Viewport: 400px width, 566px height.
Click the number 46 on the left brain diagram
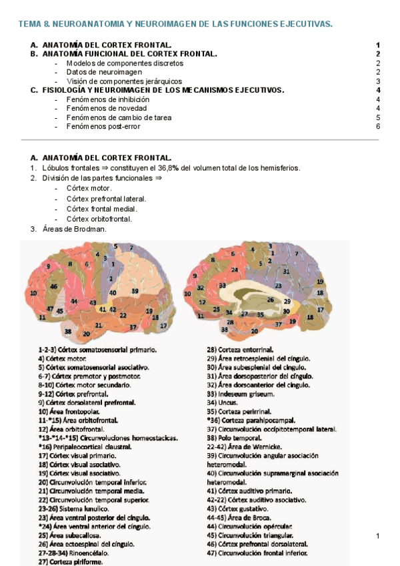point(53,287)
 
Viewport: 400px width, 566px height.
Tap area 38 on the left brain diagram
point(68,330)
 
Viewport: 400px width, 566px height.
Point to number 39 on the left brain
point(135,291)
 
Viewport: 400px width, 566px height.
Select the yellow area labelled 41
point(95,309)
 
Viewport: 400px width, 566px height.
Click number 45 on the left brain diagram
point(60,310)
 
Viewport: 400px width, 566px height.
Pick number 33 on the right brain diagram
point(221,285)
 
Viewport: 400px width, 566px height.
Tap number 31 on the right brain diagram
point(285,271)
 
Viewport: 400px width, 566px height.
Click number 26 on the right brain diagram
point(270,300)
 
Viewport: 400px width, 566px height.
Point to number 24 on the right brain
point(235,270)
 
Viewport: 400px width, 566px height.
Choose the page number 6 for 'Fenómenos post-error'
point(377,126)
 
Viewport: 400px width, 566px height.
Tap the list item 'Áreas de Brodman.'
point(73,229)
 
